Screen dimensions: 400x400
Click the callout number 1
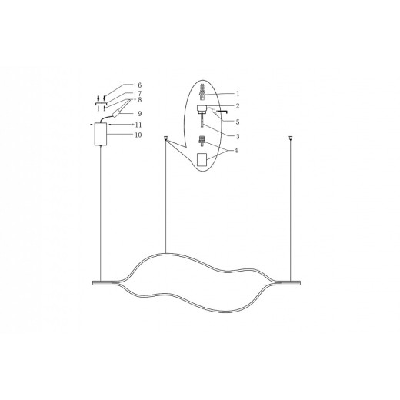[x=239, y=93]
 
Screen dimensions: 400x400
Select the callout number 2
[x=239, y=105]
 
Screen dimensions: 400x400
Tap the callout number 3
[x=239, y=135]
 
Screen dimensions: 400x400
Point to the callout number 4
[x=239, y=150]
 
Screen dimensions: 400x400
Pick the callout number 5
[x=239, y=122]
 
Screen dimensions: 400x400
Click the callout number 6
[x=138, y=85]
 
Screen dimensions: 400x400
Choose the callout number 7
[x=138, y=93]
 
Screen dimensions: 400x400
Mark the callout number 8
[x=138, y=99]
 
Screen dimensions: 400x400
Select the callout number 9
[x=138, y=114]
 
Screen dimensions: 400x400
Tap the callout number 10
[x=138, y=135]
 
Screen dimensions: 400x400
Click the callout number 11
[x=138, y=124]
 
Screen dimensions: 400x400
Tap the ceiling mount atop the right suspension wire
[x=291, y=138]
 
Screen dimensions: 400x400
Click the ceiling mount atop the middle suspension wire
[x=166, y=138]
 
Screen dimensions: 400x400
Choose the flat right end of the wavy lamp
[x=285, y=282]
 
